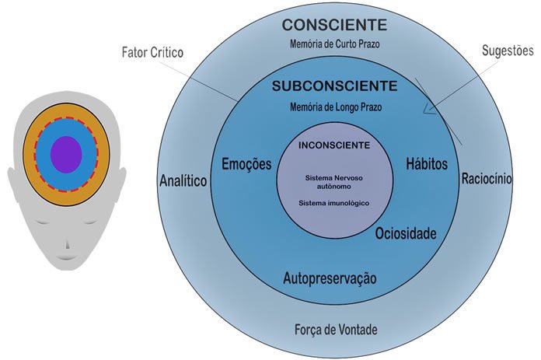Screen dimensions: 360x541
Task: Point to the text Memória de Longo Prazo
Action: coord(334,105)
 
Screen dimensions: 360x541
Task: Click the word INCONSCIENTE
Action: coord(333,145)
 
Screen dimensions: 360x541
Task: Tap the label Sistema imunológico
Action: coord(333,203)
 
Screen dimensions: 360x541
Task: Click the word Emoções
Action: coord(246,164)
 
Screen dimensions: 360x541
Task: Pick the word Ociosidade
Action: coord(406,233)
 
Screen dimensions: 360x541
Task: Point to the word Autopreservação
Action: coord(330,278)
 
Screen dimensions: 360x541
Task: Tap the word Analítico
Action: coord(183,180)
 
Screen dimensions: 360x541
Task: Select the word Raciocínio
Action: coord(486,178)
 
